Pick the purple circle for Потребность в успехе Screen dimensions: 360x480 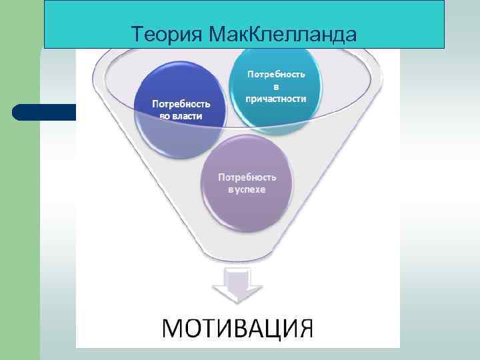247,183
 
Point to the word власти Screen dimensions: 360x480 189,117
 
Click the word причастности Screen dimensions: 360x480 276,99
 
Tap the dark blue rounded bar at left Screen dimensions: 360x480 43,111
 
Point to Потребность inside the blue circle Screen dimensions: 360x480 181,104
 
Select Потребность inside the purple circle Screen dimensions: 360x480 247,177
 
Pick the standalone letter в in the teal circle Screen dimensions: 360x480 276,86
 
